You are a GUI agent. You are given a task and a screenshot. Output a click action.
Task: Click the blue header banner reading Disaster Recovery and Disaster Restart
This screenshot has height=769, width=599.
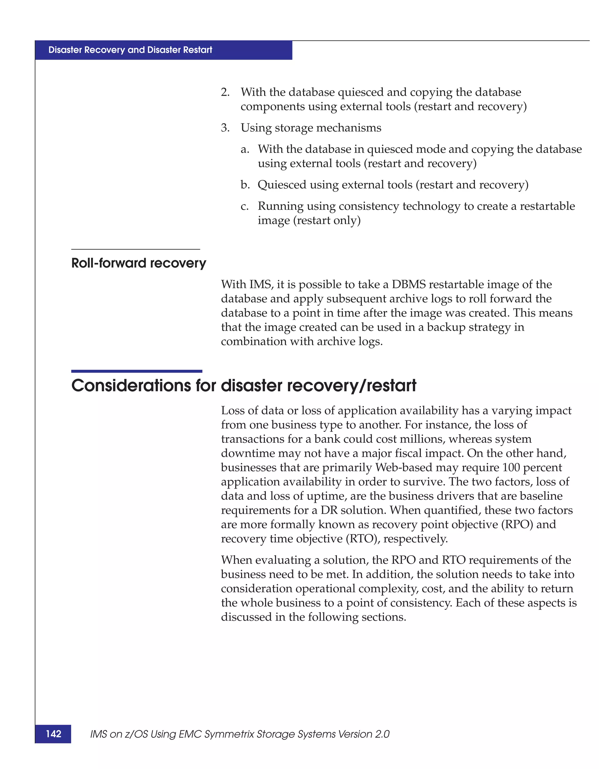click(x=163, y=50)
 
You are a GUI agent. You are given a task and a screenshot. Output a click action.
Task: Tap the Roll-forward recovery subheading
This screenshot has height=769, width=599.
click(x=139, y=263)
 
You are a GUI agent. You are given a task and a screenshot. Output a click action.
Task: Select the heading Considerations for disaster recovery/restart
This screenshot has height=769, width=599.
click(x=244, y=386)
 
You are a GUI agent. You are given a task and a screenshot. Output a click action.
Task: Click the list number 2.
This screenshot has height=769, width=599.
click(x=225, y=92)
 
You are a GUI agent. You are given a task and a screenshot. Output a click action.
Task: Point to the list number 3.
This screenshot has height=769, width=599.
click(x=225, y=128)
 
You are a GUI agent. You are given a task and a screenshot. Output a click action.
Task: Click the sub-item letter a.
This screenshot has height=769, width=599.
click(x=245, y=149)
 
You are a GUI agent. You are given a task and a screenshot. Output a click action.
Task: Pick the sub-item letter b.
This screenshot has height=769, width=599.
click(x=245, y=185)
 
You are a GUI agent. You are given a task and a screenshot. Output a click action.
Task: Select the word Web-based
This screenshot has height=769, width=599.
click(x=404, y=468)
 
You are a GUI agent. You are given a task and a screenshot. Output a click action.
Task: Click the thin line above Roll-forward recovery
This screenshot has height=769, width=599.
click(x=135, y=249)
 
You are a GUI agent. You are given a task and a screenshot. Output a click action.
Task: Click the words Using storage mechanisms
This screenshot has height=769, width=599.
click(x=311, y=128)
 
